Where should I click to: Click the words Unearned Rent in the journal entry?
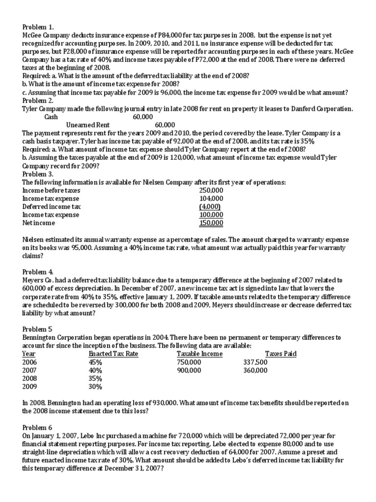pos(88,125)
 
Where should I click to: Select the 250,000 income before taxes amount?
pos(211,190)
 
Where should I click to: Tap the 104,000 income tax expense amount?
pos(211,199)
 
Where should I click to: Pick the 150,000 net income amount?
pos(211,223)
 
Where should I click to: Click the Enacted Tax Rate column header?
pos(114,354)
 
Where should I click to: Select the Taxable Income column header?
pos(199,354)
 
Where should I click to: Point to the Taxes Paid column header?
pos(281,354)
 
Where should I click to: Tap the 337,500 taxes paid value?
pos(255,362)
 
